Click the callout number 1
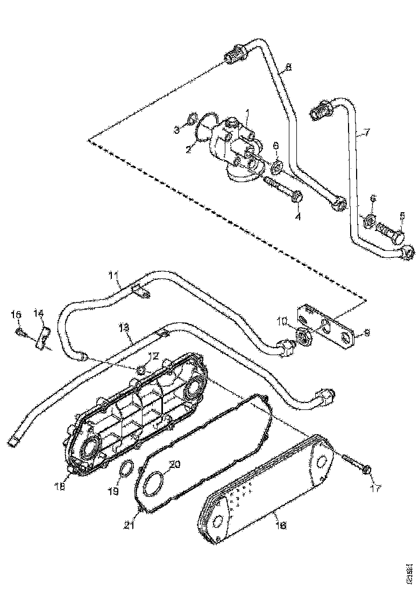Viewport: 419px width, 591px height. [247, 113]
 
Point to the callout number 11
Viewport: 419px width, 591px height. [113, 277]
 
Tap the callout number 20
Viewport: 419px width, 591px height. [175, 464]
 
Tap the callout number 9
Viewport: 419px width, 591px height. [367, 333]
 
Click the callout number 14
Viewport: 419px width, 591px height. [39, 313]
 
